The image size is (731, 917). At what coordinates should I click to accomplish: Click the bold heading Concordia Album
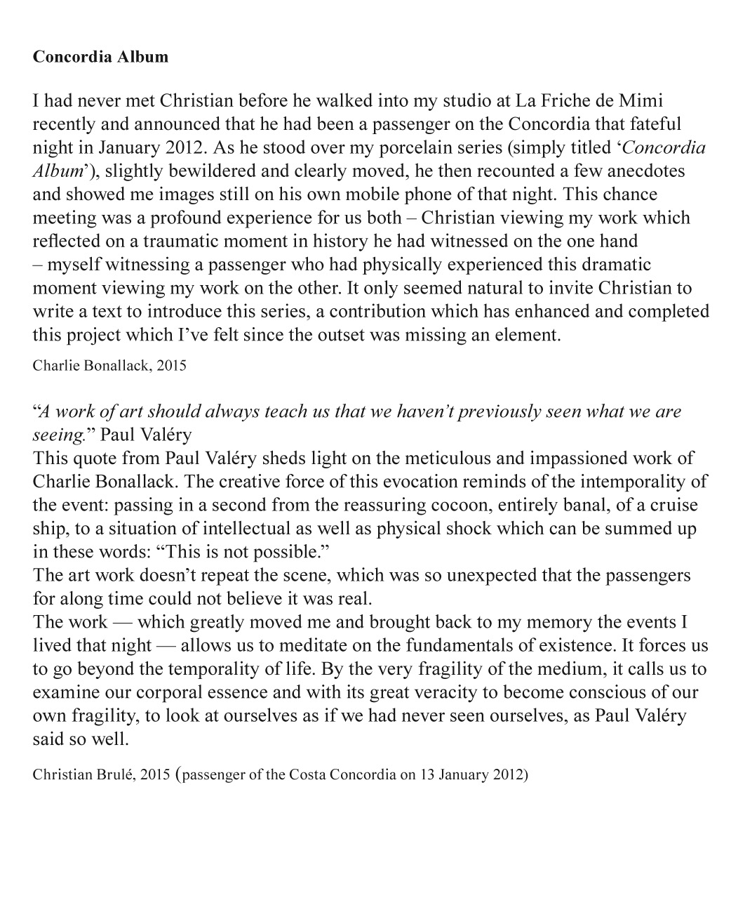[100, 57]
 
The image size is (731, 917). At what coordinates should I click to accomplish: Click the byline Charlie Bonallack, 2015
[109, 366]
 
